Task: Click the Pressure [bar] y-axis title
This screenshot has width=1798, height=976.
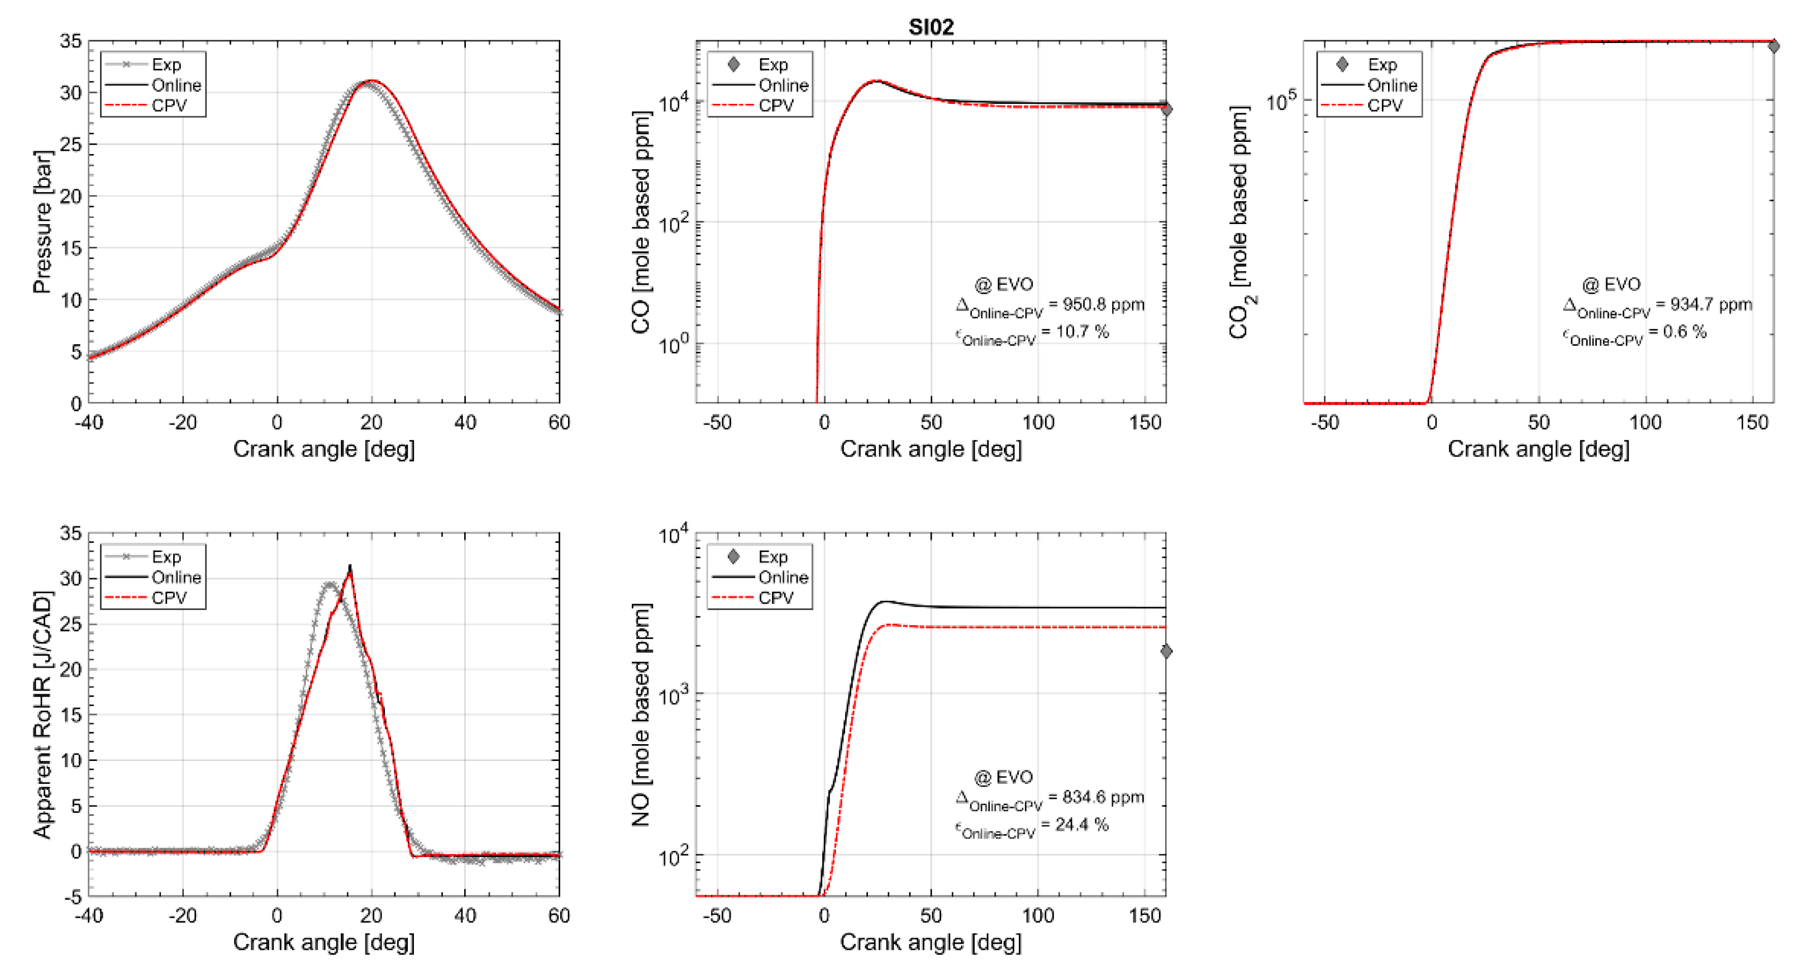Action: point(42,221)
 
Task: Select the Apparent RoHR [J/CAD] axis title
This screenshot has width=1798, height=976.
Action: point(42,714)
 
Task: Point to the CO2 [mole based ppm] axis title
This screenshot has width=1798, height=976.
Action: point(1239,221)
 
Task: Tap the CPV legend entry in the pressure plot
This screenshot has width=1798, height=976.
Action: point(168,106)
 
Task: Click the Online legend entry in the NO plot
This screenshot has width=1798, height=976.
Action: point(783,577)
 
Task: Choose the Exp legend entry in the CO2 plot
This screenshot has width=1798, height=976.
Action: point(1381,65)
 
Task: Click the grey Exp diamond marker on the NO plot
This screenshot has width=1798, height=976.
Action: point(1166,651)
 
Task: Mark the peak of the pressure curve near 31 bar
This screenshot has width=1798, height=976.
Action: point(372,81)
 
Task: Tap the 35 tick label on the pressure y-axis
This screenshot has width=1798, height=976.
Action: point(70,41)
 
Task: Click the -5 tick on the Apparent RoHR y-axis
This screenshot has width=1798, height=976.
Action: point(73,897)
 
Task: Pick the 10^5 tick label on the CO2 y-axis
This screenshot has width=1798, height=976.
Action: point(1281,101)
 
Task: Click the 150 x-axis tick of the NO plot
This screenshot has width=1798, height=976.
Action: point(1144,915)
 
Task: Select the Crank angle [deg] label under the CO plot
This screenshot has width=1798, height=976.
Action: point(931,449)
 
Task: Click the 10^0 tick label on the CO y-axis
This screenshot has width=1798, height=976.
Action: point(674,343)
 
